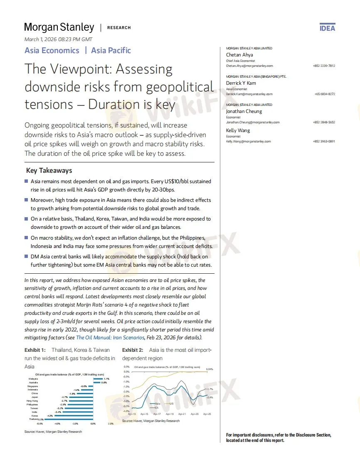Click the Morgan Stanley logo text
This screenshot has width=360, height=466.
[x=59, y=27]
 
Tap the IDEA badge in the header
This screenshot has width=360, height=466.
[x=327, y=28]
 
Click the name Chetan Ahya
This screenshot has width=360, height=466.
[x=239, y=55]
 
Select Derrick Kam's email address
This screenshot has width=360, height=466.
[x=249, y=94]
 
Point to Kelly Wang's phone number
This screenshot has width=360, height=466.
[x=324, y=141]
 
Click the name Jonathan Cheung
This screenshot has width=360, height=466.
[x=244, y=111]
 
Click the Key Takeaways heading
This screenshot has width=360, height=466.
[x=49, y=170]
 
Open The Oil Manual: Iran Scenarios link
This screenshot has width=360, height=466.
[x=110, y=337]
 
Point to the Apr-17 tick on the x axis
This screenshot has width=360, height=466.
[x=157, y=414]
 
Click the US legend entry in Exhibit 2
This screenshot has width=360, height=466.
[x=171, y=404]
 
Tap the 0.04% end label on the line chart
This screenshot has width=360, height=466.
[x=209, y=369]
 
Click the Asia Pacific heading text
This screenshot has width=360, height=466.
[x=111, y=51]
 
